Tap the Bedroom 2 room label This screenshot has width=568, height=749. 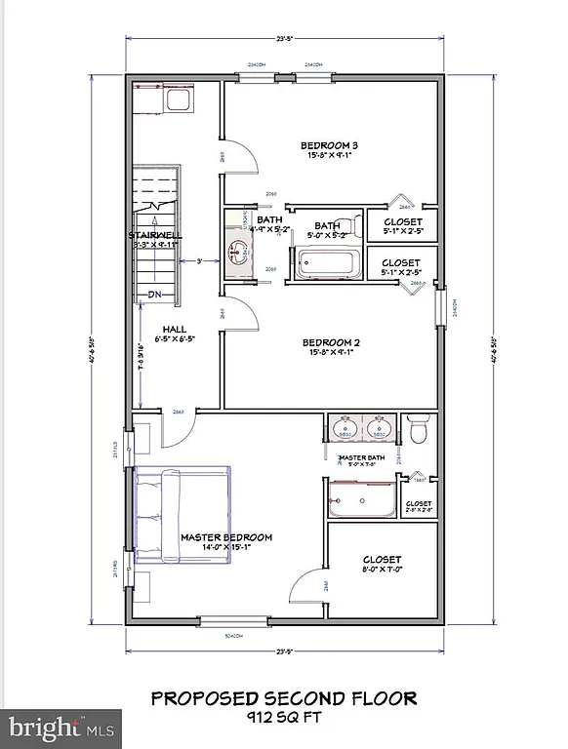[331, 342]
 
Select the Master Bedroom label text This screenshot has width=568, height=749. [225, 537]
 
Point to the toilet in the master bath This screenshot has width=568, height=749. [420, 430]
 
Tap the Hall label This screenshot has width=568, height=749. [175, 330]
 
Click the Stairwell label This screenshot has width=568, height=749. [154, 235]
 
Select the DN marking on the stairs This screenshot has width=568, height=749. [154, 294]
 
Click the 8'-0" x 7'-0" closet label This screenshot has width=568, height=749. [381, 560]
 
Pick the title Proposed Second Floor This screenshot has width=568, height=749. [283, 698]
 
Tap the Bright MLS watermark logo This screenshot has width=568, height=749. [61, 728]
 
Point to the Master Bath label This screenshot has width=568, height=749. [362, 458]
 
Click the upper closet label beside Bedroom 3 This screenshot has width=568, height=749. [401, 222]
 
